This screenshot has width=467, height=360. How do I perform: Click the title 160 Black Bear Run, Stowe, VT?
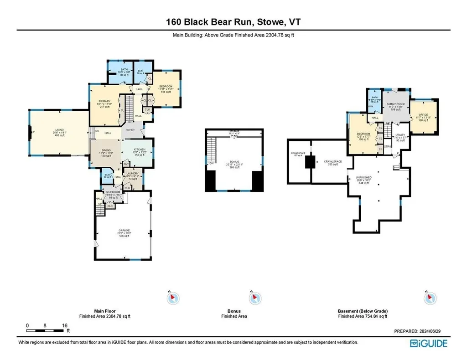pos(233,21)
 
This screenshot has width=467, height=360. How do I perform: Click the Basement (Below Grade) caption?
pos(363,312)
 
